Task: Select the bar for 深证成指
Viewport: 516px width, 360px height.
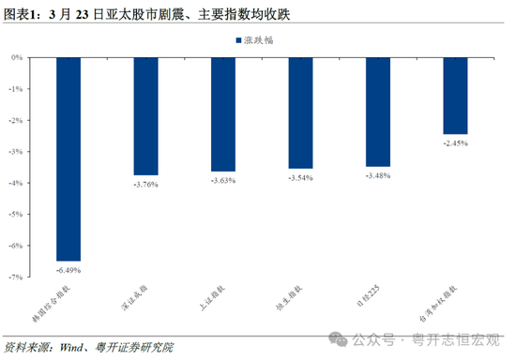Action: tap(145, 115)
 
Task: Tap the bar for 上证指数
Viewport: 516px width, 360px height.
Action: tap(223, 113)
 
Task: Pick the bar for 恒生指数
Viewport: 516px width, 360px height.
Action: tap(300, 112)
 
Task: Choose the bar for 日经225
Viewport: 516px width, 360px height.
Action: tap(378, 111)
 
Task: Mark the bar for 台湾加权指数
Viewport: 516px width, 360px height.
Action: tap(455, 95)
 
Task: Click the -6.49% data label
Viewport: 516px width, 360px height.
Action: tap(68, 269)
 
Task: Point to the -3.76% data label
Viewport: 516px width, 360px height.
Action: tap(145, 184)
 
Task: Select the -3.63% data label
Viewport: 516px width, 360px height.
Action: tap(223, 180)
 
